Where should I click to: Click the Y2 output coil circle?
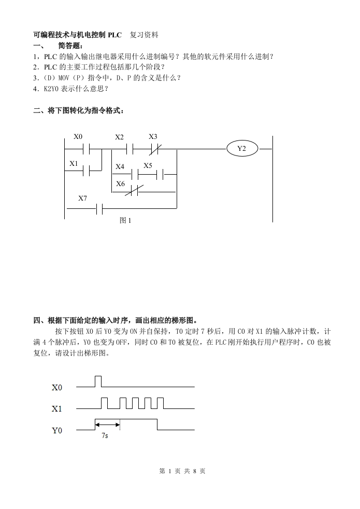241,149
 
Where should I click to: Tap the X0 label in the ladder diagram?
78,137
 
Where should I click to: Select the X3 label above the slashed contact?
153,137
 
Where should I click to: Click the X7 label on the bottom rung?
83,199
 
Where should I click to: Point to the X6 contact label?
120,184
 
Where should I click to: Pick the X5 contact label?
148,166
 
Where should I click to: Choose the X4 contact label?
120,167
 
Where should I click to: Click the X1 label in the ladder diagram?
74,164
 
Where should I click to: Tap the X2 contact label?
120,137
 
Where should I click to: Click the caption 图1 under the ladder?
125,220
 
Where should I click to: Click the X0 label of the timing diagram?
57,387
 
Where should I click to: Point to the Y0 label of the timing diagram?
57,431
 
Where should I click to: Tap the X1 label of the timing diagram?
57,409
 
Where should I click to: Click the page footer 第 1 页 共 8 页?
182,471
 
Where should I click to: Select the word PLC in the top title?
114,35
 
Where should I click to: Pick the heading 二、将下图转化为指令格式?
79,110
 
